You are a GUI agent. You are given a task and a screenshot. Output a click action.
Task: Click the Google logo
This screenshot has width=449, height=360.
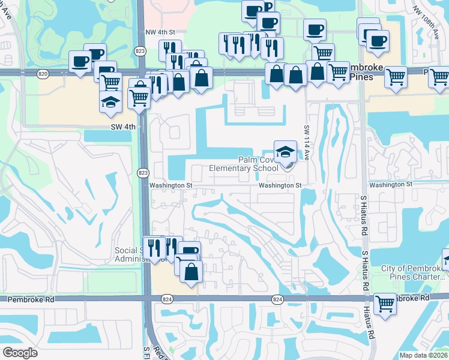(x=20, y=353)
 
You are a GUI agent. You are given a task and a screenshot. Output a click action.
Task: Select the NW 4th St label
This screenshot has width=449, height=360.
(x=160, y=32)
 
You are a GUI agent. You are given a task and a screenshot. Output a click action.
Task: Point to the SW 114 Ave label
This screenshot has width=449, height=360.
(x=306, y=146)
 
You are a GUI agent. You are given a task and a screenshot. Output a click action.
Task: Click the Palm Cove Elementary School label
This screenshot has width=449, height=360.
(x=244, y=164)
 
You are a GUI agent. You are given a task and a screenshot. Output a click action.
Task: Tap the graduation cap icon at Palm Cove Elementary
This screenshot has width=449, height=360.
(x=286, y=151)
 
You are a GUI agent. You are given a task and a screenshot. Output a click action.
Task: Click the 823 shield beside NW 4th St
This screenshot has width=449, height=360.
(x=140, y=50)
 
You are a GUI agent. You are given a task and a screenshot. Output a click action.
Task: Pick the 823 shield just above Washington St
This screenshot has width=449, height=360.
(x=142, y=173)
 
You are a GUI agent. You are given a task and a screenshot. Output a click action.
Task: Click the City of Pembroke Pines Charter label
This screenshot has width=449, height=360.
(x=413, y=272)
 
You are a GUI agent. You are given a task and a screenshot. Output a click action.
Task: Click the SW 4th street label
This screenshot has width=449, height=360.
(x=123, y=127)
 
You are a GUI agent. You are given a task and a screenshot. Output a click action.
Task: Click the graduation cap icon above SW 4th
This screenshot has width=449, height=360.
(x=110, y=101)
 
